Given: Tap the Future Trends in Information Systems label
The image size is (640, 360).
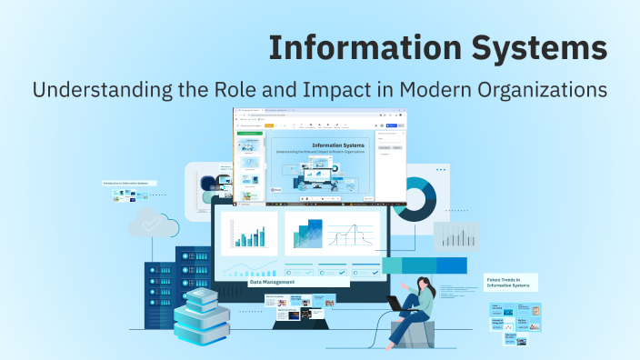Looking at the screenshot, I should (510, 282).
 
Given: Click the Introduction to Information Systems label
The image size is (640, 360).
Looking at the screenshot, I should (130, 183).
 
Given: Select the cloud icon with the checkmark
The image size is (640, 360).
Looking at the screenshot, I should (147, 223).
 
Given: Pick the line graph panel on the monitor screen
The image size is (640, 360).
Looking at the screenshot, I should (350, 234).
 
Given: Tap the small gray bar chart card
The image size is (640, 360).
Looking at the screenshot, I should (456, 237).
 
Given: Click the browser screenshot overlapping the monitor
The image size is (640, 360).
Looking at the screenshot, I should (320, 155).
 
